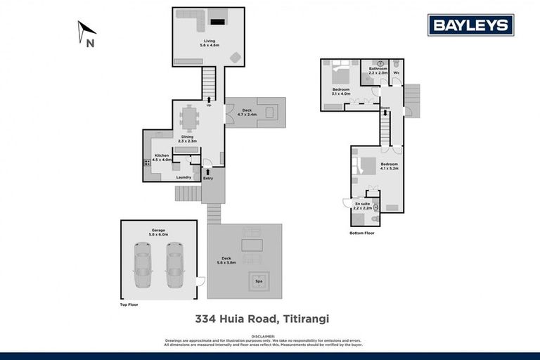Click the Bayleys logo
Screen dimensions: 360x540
click(x=470, y=25)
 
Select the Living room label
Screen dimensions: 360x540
click(x=210, y=43)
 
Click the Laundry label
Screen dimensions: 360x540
click(x=184, y=177)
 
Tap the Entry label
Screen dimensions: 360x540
click(x=208, y=178)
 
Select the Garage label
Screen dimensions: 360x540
click(x=157, y=231)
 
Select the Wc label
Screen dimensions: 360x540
click(x=397, y=72)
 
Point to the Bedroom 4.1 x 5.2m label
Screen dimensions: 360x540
click(x=389, y=167)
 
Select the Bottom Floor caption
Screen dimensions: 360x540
click(x=362, y=232)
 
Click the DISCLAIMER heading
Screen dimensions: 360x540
click(x=270, y=335)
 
